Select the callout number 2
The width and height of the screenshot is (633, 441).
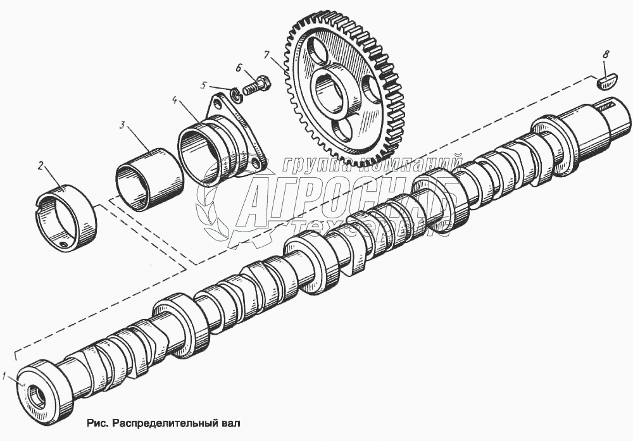click(x=41, y=166)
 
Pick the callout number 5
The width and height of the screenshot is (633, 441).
click(x=203, y=85)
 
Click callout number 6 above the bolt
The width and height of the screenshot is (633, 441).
click(x=238, y=67)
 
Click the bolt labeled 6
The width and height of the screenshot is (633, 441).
click(x=257, y=85)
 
